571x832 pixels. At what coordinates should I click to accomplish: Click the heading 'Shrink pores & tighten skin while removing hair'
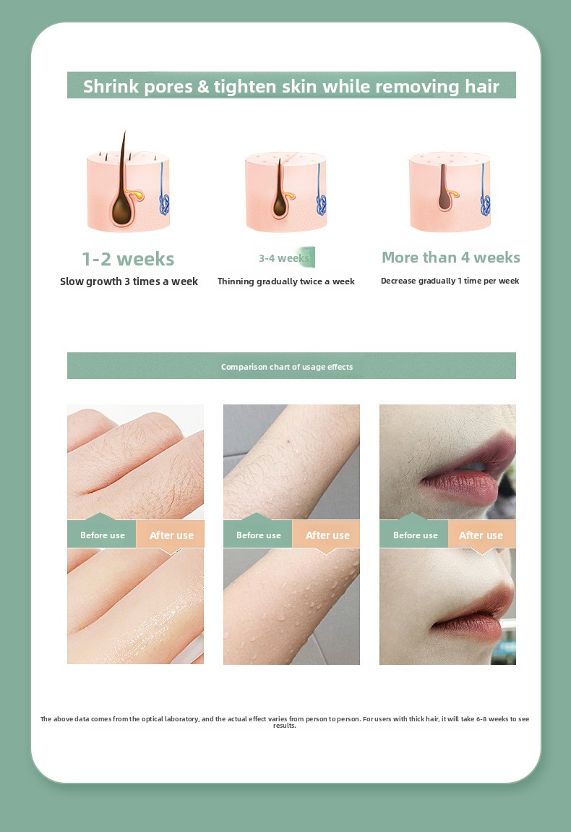tap(291, 86)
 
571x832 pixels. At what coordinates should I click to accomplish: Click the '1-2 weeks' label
tap(128, 259)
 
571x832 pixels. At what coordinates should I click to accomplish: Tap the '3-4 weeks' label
tap(283, 258)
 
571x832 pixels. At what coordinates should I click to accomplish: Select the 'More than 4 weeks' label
tap(450, 258)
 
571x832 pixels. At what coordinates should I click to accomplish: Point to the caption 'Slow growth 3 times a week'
tap(129, 281)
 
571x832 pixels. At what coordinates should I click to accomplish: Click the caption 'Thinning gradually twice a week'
tap(285, 281)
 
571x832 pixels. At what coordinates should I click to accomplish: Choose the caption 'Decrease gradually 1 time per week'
tap(450, 281)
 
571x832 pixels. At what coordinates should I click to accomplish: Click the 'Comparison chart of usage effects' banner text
tap(287, 367)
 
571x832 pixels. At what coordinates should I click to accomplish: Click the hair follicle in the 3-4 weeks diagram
tap(280, 200)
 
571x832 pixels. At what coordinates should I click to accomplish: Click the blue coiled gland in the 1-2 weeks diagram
tap(164, 204)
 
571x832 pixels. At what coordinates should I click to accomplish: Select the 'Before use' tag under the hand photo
tap(103, 535)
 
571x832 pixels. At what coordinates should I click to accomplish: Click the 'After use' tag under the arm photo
tap(327, 535)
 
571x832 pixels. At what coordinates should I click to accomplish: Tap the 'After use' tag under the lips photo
tap(481, 535)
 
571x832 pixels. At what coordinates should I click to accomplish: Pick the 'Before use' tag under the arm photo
tap(258, 535)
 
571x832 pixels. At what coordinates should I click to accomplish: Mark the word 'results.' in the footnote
tap(285, 726)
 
